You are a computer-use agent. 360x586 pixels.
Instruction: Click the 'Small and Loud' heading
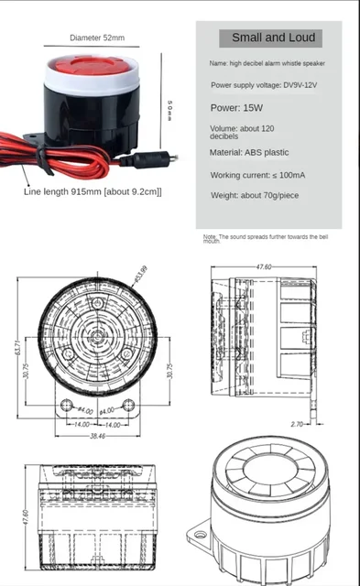tap(273, 38)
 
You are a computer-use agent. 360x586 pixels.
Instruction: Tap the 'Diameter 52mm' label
tap(97, 38)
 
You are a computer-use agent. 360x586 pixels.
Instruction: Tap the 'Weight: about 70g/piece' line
tap(254, 195)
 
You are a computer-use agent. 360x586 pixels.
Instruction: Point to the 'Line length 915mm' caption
tap(93, 191)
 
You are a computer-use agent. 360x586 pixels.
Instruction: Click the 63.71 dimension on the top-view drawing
tap(16, 348)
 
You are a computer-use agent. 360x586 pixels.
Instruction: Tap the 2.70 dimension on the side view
tap(296, 425)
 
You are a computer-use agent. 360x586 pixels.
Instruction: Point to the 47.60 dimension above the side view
tap(263, 266)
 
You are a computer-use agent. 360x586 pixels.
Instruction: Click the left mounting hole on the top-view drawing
tap(65, 405)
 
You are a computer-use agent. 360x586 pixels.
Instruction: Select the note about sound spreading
tap(266, 238)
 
